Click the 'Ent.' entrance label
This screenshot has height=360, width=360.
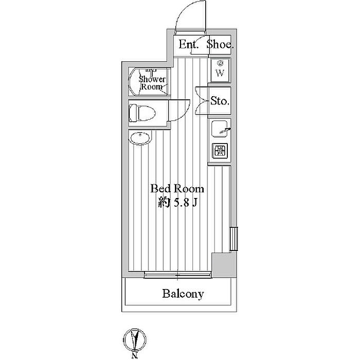click(x=188, y=44)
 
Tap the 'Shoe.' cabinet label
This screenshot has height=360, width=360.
click(x=220, y=44)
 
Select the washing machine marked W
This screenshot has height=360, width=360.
click(x=220, y=70)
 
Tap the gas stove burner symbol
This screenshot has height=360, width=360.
click(x=220, y=151)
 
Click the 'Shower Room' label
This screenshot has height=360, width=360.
click(x=152, y=83)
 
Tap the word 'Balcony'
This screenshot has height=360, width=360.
click(x=183, y=294)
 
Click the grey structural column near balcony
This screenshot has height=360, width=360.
click(x=222, y=266)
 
